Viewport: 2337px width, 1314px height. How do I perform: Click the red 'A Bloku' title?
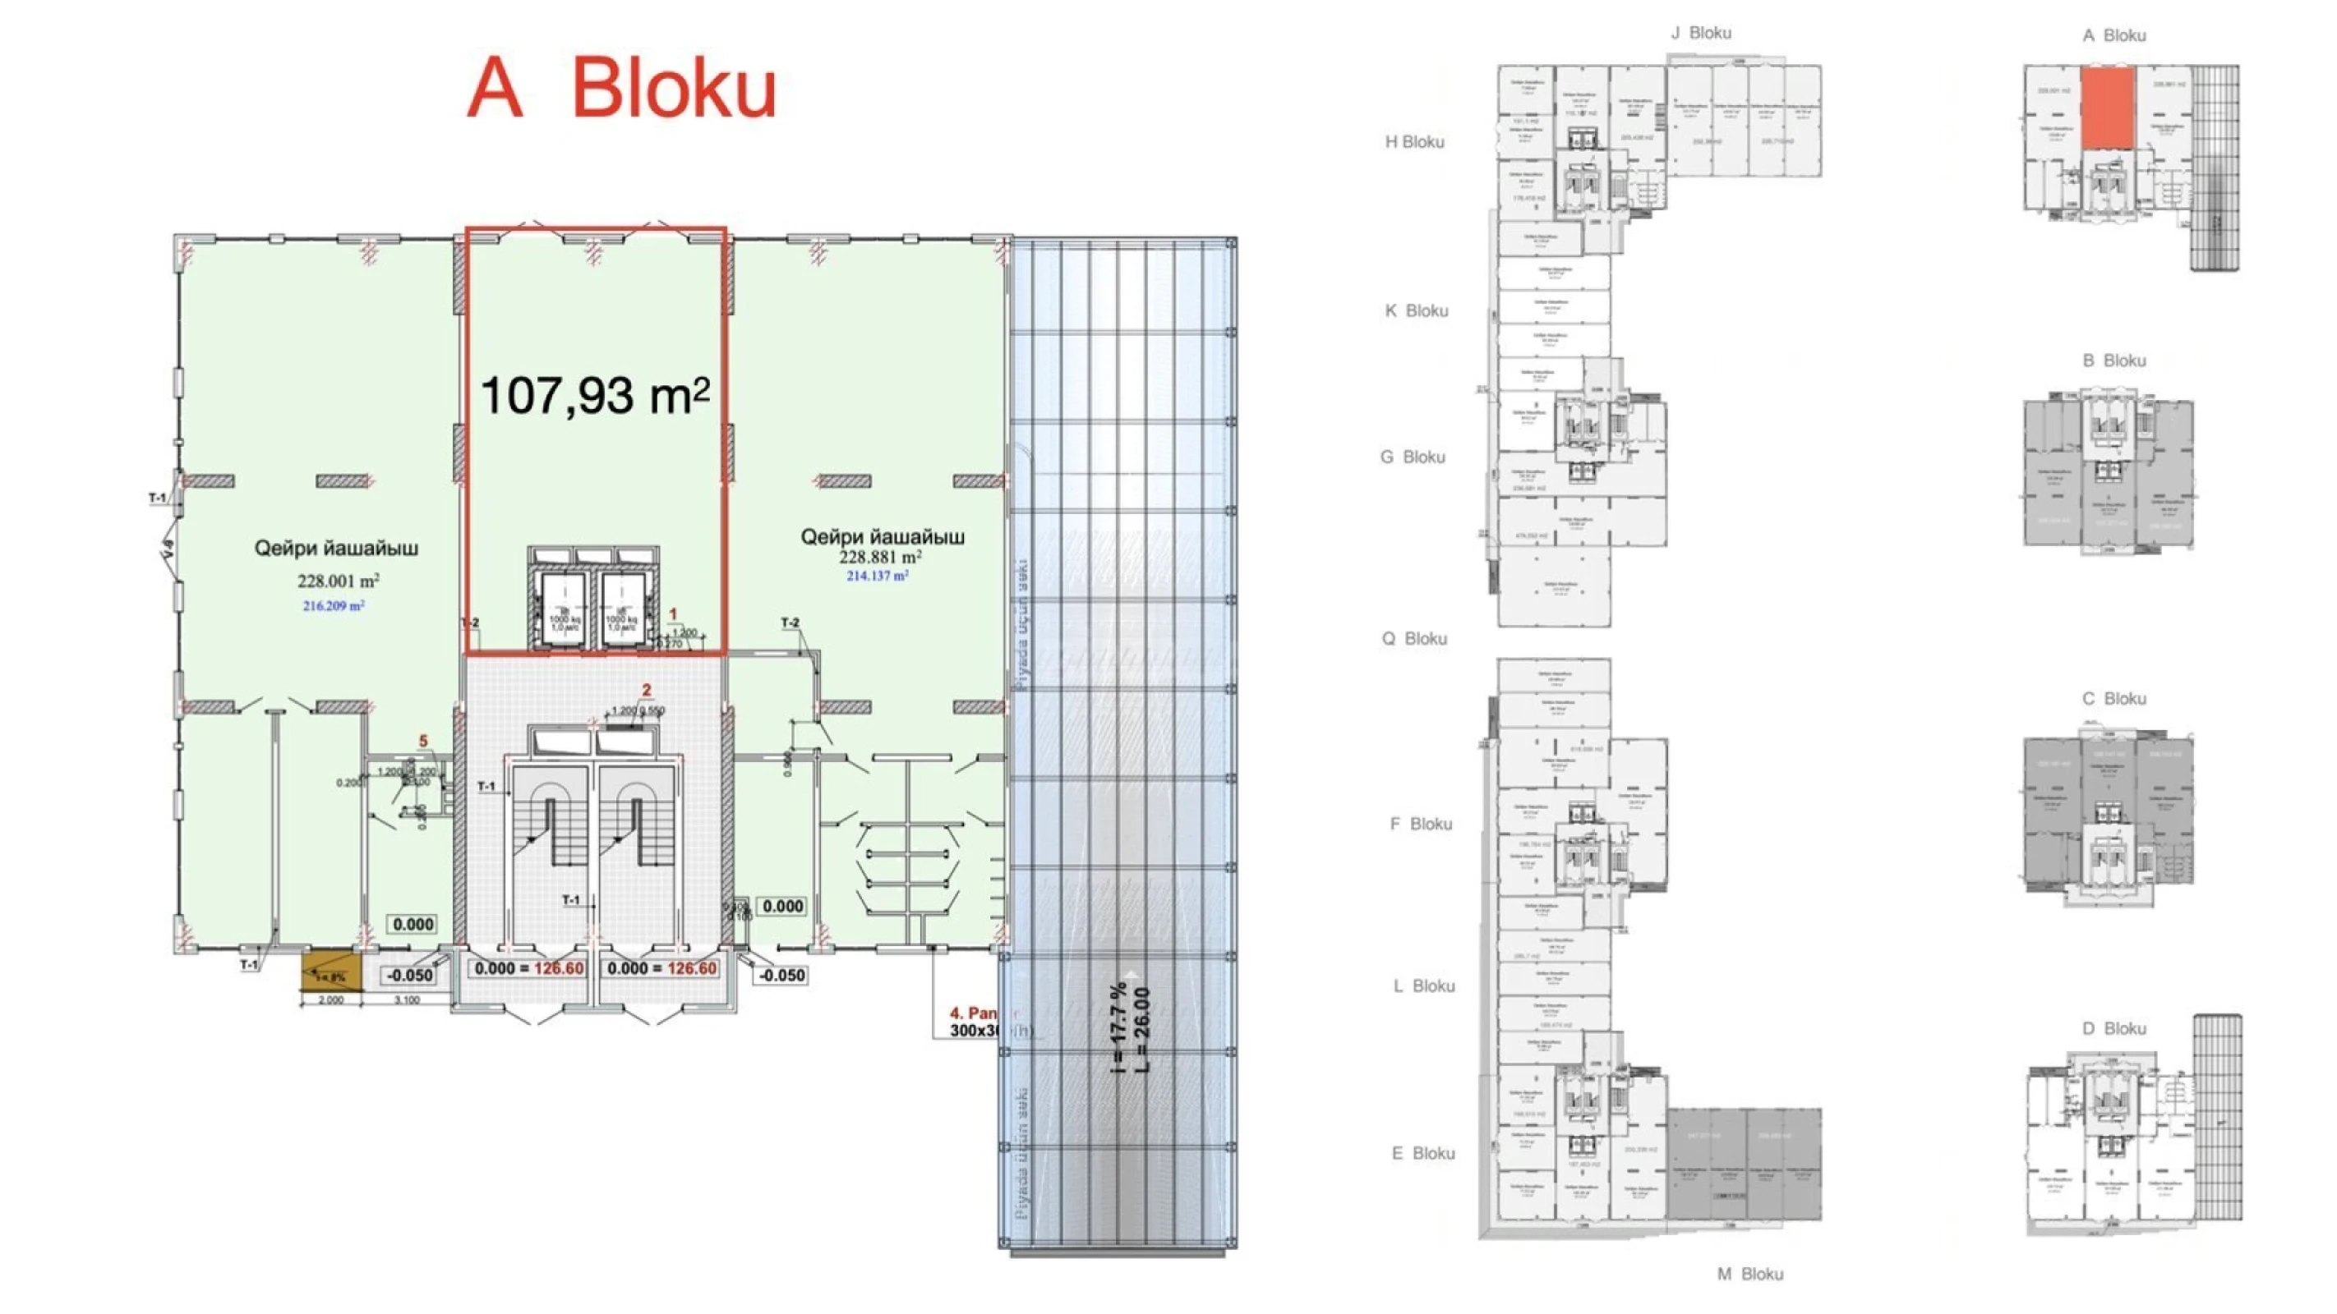click(621, 89)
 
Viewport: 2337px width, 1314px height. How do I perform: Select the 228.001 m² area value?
click(339, 581)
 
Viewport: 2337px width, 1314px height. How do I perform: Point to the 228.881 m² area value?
click(880, 557)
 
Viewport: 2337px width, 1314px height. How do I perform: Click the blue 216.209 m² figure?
click(333, 606)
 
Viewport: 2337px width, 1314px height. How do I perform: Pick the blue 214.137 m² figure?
click(876, 576)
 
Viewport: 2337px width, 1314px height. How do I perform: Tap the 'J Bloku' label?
click(1701, 33)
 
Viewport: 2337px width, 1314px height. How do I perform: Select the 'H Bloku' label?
click(1414, 141)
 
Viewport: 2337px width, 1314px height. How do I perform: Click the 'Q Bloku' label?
click(1414, 638)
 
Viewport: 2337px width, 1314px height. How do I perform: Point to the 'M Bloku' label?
click(1750, 1274)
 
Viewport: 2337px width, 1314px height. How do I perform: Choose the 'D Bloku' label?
click(2113, 1028)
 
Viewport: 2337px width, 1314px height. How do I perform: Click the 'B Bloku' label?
click(2113, 361)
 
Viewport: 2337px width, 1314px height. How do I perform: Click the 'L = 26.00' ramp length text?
click(1142, 1029)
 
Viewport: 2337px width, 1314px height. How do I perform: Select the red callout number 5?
click(422, 742)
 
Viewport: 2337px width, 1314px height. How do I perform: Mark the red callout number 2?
click(646, 690)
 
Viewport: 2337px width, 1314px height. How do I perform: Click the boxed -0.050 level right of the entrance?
click(781, 975)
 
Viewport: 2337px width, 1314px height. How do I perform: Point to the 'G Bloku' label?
click(1413, 457)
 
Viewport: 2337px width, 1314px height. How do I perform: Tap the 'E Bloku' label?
click(1422, 1154)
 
